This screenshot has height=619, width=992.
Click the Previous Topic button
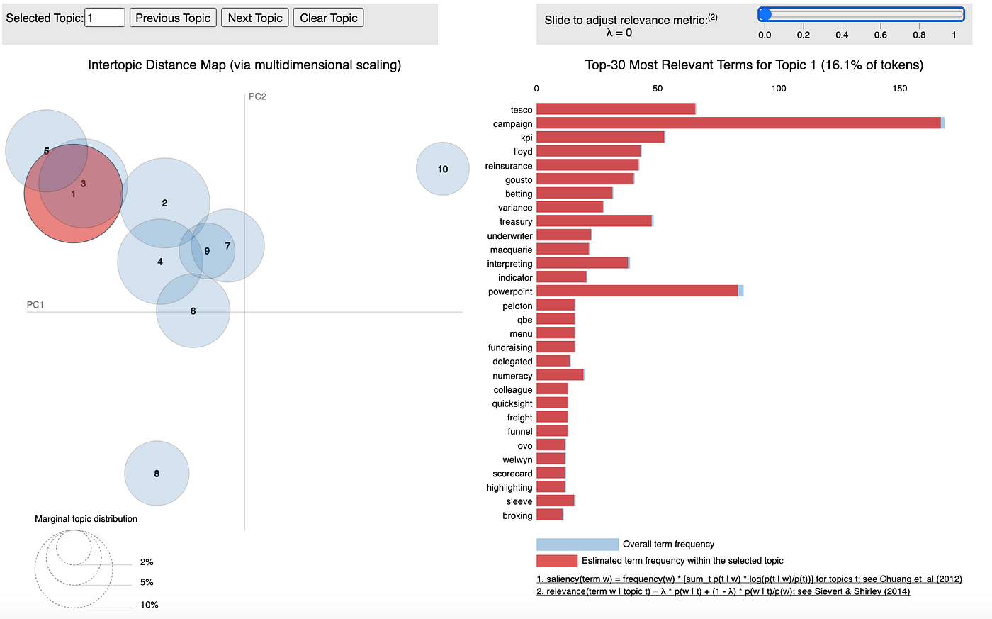click(x=173, y=18)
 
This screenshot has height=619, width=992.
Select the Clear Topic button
click(x=328, y=18)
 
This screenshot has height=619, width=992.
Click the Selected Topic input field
click(x=105, y=18)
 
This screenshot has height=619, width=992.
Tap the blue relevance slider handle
click(x=765, y=14)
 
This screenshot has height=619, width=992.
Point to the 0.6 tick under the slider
click(x=880, y=35)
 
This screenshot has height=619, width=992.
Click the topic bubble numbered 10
click(x=443, y=169)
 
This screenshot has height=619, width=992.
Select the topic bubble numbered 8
click(x=157, y=473)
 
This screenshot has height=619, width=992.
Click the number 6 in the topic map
click(x=193, y=311)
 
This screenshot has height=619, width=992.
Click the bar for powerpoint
click(x=638, y=291)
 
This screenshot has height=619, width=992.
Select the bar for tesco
click(x=616, y=109)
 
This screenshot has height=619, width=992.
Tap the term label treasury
click(x=516, y=222)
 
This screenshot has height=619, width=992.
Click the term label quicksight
click(x=512, y=403)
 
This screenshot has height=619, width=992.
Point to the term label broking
click(x=517, y=515)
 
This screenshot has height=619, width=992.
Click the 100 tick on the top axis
click(x=778, y=89)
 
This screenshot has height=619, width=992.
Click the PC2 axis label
click(x=257, y=96)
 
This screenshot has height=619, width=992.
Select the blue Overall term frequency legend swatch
click(x=577, y=545)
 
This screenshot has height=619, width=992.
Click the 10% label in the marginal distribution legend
click(x=149, y=605)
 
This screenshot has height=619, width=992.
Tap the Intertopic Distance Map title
click(x=244, y=65)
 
